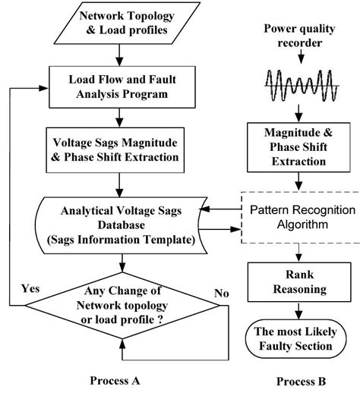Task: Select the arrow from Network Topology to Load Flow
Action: tap(120, 58)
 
